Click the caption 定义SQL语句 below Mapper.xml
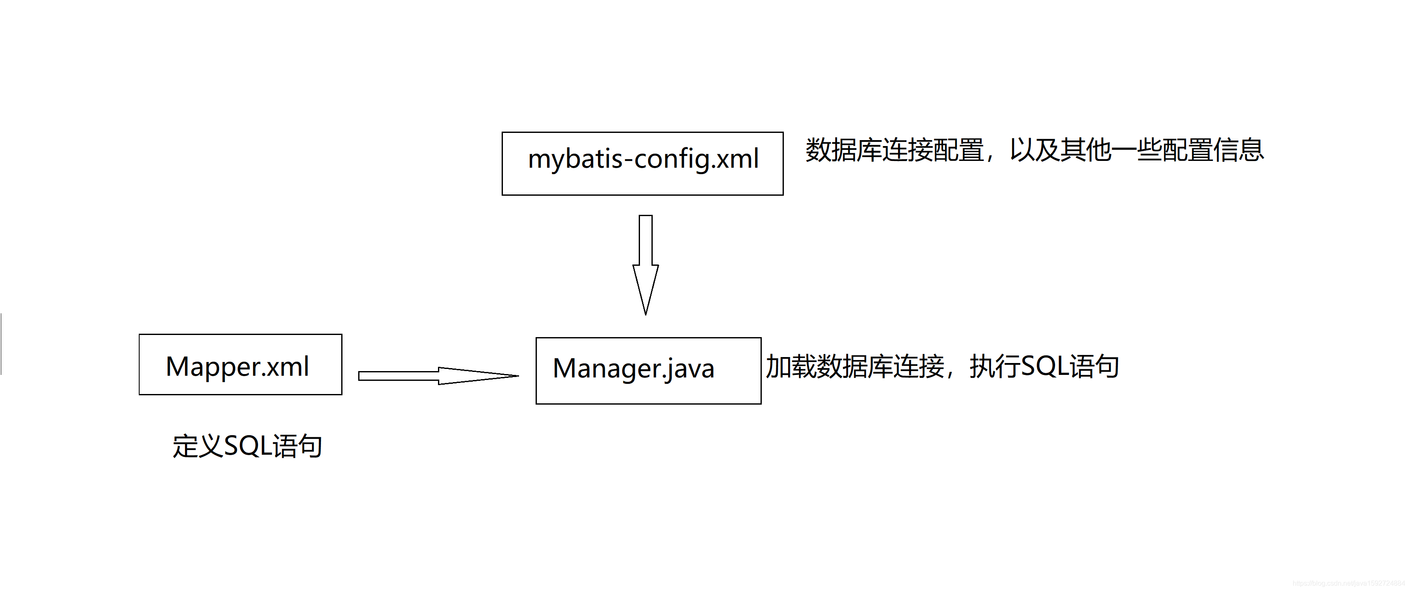[247, 446]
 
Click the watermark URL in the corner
[1348, 584]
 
